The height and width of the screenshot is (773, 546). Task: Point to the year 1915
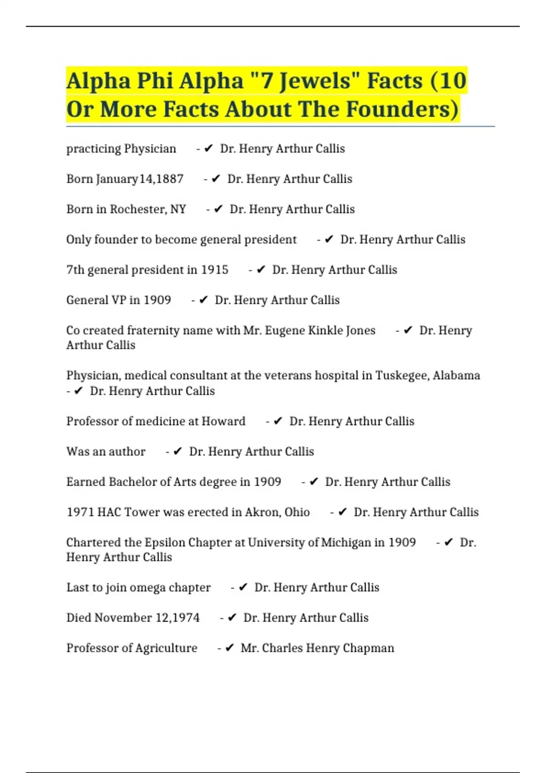pyautogui.click(x=214, y=270)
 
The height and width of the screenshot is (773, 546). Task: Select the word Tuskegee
pyautogui.click(x=402, y=376)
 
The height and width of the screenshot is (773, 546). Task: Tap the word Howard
pyautogui.click(x=223, y=421)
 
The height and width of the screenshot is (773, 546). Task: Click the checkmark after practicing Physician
pyautogui.click(x=208, y=149)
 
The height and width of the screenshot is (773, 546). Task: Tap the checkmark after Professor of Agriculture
pyautogui.click(x=229, y=648)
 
